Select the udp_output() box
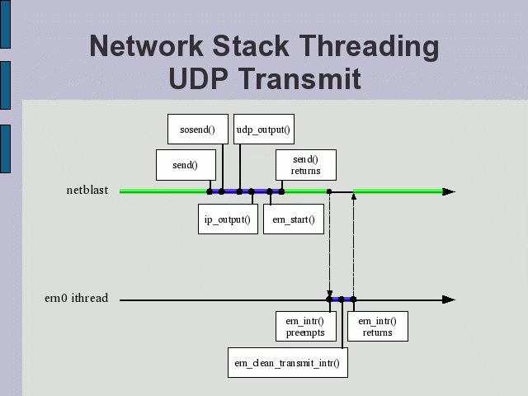(x=263, y=129)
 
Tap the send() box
(x=186, y=164)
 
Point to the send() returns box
(x=304, y=164)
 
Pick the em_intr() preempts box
(x=304, y=326)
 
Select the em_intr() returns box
(x=376, y=326)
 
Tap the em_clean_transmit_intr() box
(x=288, y=362)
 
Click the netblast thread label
(x=87, y=191)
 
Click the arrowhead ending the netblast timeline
(x=448, y=191)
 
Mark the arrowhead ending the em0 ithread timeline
(x=448, y=299)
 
